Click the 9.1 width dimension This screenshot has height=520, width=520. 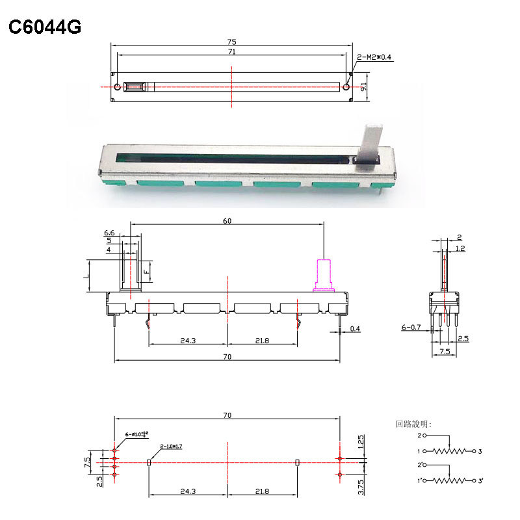(365, 84)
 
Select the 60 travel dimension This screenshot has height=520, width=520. (227, 221)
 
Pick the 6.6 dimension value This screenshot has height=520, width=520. (109, 233)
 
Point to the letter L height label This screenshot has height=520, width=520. (86, 276)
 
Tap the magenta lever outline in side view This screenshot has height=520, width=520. (323, 276)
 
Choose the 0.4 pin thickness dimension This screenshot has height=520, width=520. (355, 329)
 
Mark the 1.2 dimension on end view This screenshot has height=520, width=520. (460, 248)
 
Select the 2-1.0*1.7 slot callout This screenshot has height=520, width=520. (171, 447)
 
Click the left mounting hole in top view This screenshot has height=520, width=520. (117, 86)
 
